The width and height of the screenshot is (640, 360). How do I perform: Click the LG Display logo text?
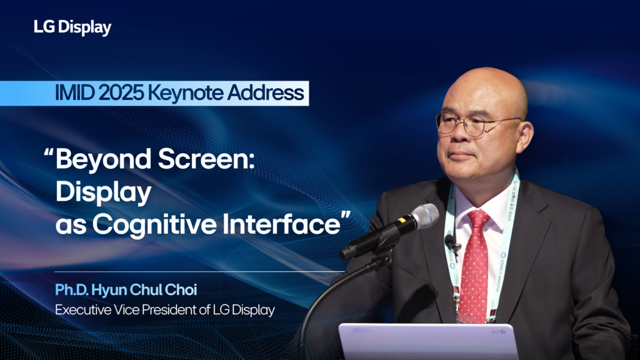tap(72, 27)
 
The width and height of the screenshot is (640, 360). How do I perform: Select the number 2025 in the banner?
tap(121, 93)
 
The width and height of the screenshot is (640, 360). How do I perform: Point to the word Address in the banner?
tap(265, 92)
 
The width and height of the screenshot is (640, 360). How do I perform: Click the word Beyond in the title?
tap(103, 159)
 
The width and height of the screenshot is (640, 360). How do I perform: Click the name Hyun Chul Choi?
tap(144, 290)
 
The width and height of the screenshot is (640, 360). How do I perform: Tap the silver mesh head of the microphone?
tap(425, 214)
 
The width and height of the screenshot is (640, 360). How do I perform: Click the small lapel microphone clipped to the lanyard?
tap(451, 243)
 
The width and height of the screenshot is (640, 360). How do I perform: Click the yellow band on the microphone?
tap(402, 221)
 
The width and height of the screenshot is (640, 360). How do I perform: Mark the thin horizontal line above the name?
tap(199, 271)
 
